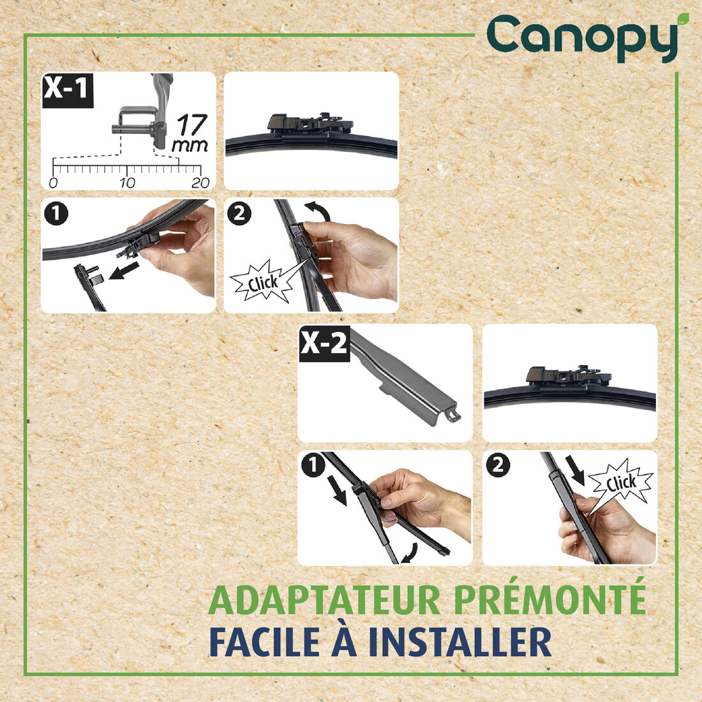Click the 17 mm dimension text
coord(191,133)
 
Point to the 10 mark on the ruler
coord(127,183)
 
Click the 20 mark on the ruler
coord(200,183)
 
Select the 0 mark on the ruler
coord(53,183)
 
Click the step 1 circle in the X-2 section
coord(313,467)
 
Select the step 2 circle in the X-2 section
coord(498,467)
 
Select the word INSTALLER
coord(460,641)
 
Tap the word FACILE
coord(264,641)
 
